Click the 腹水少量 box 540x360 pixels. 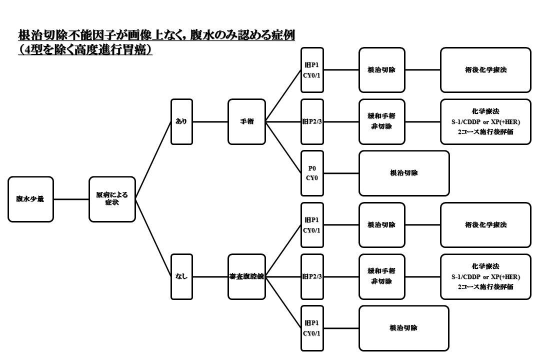30,199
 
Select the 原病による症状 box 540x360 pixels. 112,199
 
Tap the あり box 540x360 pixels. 181,121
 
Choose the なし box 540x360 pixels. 181,276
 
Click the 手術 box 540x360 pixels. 246,121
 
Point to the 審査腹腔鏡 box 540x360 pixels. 246,276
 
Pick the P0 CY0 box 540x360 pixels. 312,173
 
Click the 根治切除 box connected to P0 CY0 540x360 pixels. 404,173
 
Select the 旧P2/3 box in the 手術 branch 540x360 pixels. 312,121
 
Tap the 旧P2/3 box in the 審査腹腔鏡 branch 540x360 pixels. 312,276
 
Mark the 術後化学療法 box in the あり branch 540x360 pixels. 485,70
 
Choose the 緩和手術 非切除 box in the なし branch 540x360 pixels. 381,276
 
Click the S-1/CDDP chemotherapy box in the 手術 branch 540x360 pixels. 485,121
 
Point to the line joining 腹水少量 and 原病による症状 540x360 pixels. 71,199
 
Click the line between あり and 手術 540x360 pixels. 210,121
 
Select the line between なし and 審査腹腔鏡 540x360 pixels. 210,276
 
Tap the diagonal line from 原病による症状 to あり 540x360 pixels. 153,160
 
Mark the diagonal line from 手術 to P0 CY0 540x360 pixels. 283,147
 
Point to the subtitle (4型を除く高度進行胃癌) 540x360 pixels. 85,50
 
